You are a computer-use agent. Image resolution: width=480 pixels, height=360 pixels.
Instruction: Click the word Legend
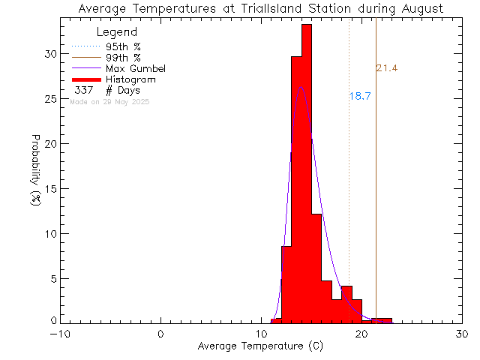click(x=117, y=32)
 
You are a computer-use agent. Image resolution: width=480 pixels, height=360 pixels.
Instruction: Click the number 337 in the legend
click(x=82, y=91)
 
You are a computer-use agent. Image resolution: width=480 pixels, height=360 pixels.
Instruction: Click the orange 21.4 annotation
click(x=386, y=69)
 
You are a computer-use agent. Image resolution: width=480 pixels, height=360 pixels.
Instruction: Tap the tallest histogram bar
click(x=306, y=172)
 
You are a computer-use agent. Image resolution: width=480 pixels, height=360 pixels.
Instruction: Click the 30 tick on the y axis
click(x=49, y=54)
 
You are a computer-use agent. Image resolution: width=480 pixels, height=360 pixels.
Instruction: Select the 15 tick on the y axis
click(x=49, y=188)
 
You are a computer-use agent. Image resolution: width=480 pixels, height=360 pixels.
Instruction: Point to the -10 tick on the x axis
click(x=61, y=334)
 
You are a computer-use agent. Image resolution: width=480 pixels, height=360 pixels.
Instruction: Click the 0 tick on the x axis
click(x=161, y=334)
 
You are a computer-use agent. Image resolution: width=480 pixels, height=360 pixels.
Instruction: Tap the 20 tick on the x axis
click(x=361, y=334)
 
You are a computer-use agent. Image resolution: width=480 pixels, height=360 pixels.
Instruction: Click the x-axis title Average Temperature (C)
click(x=260, y=346)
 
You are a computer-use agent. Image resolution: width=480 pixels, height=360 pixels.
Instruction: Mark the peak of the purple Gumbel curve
click(x=301, y=86)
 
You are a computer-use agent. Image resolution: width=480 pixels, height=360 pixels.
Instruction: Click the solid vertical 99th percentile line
click(x=376, y=187)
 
